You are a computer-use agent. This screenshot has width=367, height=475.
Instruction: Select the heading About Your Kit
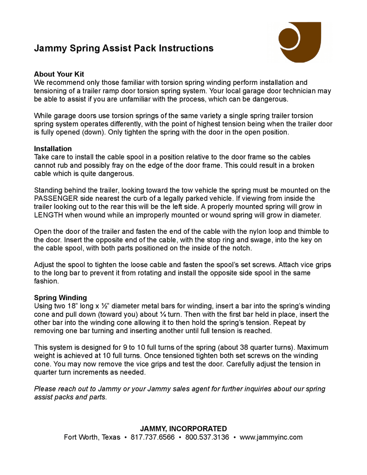[x=59, y=74]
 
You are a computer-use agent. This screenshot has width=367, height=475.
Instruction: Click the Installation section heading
[x=53, y=149]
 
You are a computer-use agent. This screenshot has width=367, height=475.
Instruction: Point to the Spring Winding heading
[x=60, y=298]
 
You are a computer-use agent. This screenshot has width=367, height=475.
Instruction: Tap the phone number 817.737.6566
[x=153, y=437]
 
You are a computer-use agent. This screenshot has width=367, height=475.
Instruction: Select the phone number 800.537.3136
[x=207, y=437]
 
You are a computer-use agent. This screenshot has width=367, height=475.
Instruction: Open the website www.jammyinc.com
[x=271, y=437]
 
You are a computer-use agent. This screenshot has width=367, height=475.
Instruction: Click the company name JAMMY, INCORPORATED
[x=183, y=429]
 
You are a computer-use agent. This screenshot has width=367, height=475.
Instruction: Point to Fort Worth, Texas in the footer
[x=92, y=437]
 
